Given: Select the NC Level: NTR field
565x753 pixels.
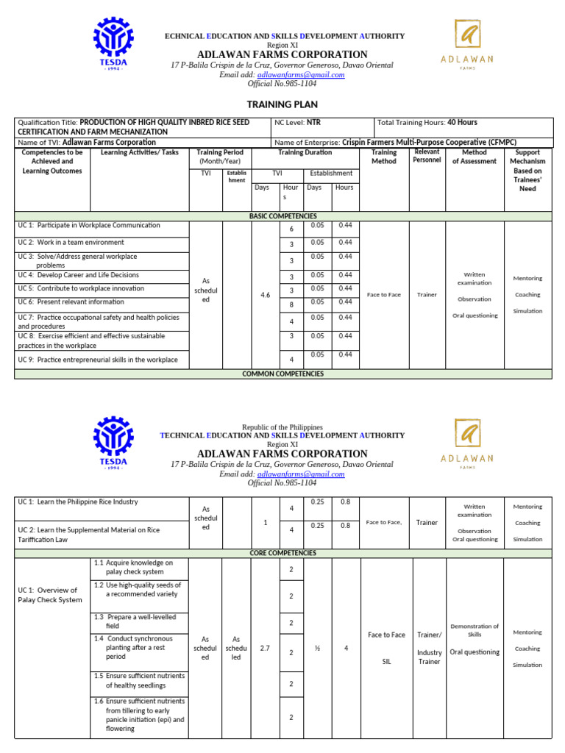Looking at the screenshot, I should (x=298, y=123).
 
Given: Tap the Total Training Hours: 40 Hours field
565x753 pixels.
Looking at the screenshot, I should (x=427, y=123).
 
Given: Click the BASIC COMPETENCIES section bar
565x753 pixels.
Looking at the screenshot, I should (x=282, y=216).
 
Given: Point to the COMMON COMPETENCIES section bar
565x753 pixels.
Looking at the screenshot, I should (x=282, y=374).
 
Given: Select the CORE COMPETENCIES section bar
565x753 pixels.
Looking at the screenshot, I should (x=282, y=553).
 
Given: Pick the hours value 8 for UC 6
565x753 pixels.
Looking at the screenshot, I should (x=291, y=305).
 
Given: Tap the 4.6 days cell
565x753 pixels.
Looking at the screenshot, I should (x=266, y=295).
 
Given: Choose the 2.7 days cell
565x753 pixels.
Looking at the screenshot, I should (x=266, y=649).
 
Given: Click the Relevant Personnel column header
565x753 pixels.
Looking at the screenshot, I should (x=427, y=156).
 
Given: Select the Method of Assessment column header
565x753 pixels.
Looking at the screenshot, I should (x=474, y=157).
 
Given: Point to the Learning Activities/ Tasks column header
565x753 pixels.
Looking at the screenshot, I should (x=139, y=153).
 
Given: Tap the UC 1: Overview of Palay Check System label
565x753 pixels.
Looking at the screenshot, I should (x=50, y=595).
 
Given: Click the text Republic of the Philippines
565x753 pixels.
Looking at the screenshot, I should (x=282, y=427).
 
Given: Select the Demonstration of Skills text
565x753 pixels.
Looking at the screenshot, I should (x=475, y=630).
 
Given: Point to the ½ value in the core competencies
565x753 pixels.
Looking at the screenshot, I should (x=317, y=649).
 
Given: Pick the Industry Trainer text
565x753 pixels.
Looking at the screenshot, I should (x=430, y=657).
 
